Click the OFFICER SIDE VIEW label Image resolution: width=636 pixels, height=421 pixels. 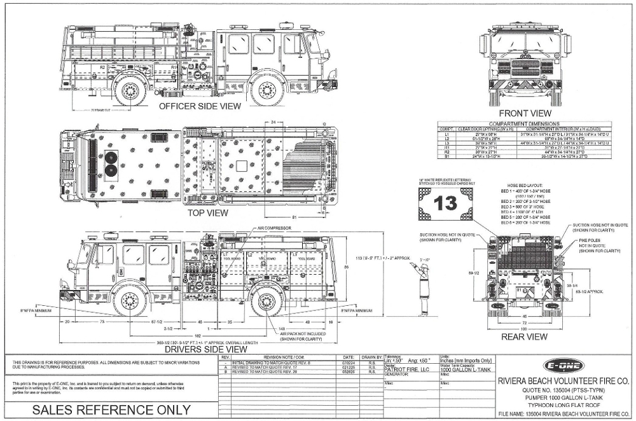click(200, 106)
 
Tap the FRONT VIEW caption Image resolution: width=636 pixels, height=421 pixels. click(525, 113)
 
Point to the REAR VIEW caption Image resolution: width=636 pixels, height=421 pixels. click(525, 336)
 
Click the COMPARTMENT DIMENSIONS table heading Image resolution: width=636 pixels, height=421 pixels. click(523, 123)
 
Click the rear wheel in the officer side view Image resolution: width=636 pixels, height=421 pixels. click(128, 91)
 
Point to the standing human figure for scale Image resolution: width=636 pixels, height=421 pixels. click(425, 286)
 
